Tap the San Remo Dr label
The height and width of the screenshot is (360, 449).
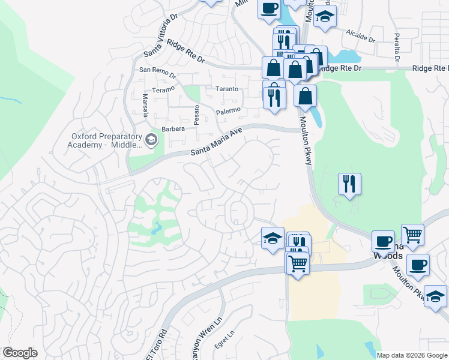point(158,73)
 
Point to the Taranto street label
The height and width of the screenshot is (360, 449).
point(227,89)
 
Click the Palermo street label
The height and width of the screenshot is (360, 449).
point(228,111)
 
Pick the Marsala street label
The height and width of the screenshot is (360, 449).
point(145,106)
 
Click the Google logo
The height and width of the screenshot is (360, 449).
point(20,353)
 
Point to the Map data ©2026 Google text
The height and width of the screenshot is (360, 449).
point(412,355)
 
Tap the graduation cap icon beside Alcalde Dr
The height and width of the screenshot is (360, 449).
point(325,18)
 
